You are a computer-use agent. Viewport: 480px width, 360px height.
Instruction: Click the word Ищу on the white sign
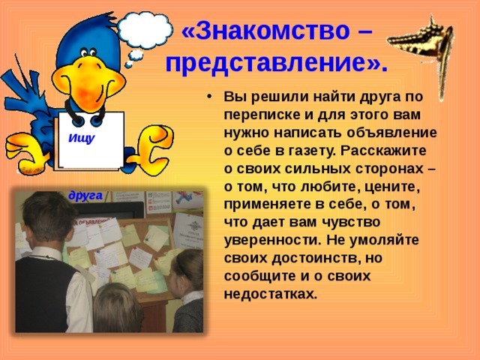coord(81,138)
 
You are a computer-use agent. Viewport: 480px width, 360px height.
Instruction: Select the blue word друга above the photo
coord(85,194)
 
